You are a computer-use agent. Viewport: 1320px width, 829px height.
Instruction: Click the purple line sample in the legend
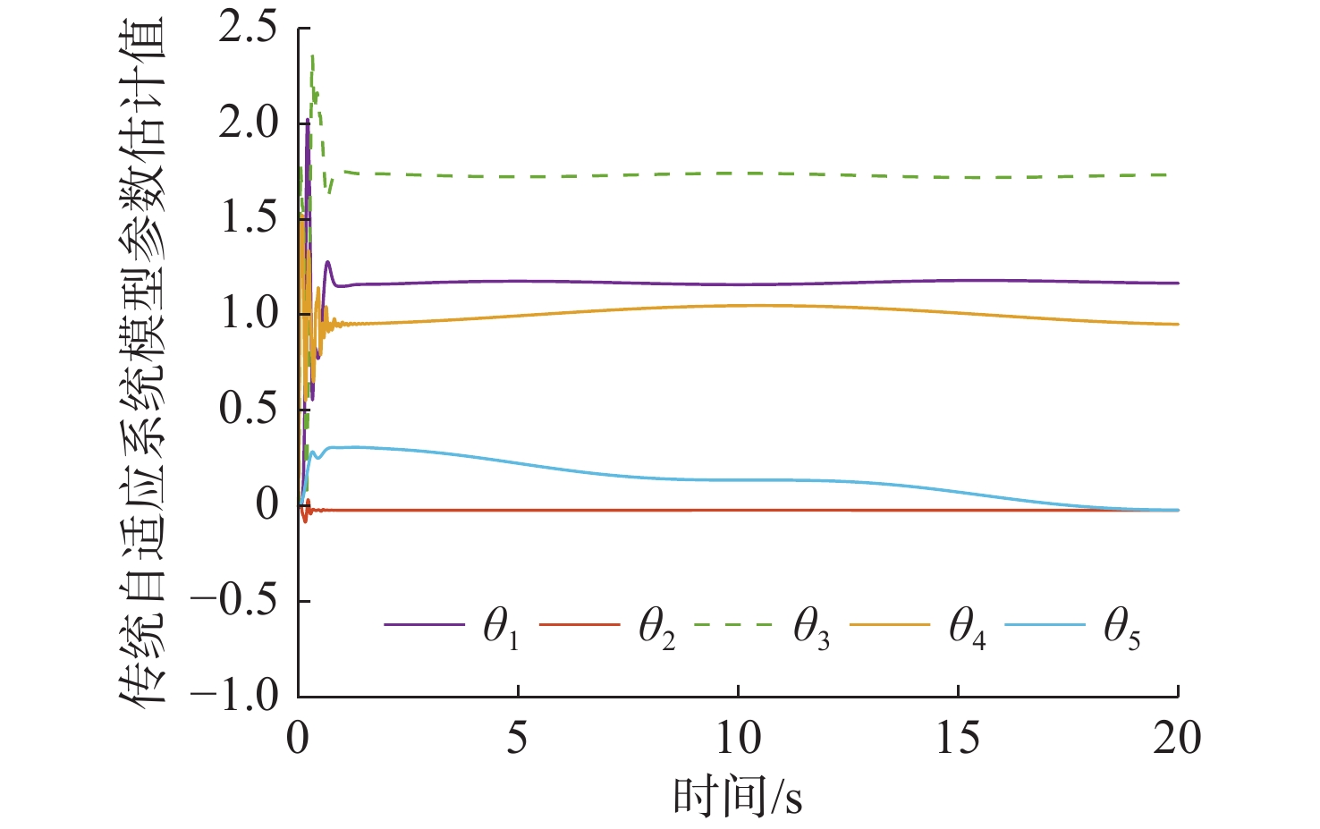[x=424, y=623]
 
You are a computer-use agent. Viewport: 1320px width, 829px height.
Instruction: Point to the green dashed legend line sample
[x=732, y=623]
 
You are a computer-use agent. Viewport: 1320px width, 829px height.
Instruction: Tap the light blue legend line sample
[x=1045, y=623]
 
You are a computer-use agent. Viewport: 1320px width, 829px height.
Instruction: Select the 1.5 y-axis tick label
[x=249, y=218]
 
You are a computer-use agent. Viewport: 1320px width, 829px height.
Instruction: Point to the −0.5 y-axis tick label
[x=234, y=600]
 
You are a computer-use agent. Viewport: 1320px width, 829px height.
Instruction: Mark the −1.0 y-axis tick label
[x=234, y=695]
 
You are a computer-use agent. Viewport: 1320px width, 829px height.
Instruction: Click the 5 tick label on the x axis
[x=518, y=739]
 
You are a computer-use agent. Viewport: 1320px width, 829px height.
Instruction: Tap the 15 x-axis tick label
[x=958, y=739]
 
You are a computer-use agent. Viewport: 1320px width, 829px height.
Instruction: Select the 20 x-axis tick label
[x=1177, y=739]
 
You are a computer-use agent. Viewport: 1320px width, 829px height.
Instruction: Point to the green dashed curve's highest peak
[x=311, y=56]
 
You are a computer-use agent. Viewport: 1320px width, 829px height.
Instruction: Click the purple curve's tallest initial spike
[x=308, y=120]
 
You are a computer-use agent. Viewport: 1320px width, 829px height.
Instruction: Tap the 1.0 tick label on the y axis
[x=249, y=314]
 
